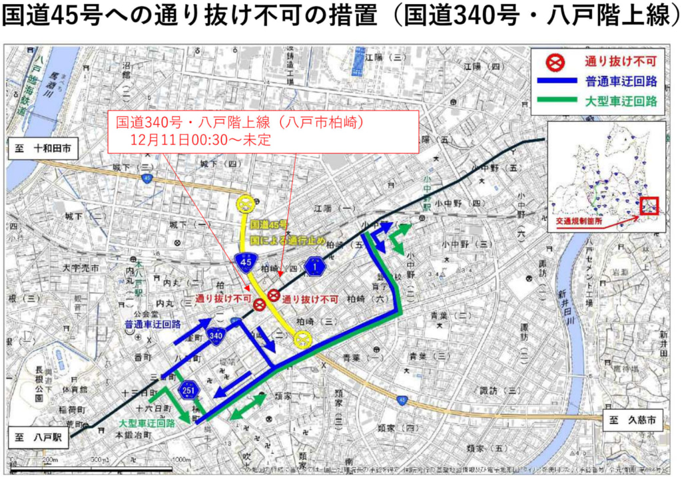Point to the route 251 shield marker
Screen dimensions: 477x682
tap(189, 389)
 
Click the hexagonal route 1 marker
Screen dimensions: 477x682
tap(314, 267)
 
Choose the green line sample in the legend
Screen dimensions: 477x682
tap(556, 102)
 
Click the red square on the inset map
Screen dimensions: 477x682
tap(649, 206)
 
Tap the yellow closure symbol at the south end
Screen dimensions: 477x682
tap(304, 340)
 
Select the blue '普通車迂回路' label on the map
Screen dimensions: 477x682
tap(153, 325)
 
